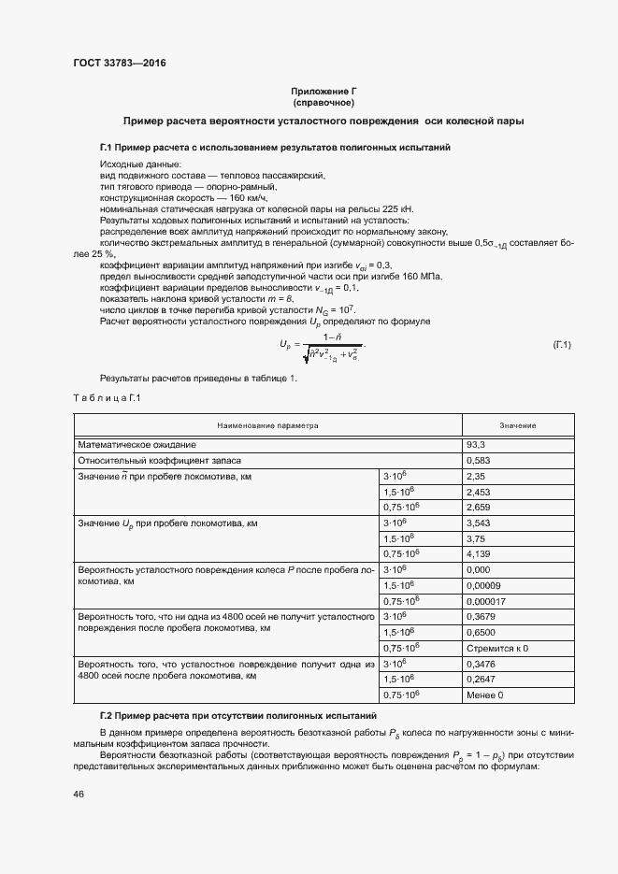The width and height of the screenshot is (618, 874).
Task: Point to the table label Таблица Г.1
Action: pos(106,399)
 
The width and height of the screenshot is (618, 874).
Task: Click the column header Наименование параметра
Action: pos(268,425)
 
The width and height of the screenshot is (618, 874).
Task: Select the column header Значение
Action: pos(517,425)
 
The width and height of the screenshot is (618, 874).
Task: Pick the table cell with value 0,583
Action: pos(481,461)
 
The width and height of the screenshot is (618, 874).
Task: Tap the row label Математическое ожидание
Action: pos(137,445)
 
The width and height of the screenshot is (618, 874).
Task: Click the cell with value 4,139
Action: pos(481,553)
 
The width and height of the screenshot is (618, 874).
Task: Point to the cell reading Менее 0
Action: pos(485,695)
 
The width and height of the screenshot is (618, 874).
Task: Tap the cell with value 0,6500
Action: pos(482,632)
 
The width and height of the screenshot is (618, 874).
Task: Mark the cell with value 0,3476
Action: pos(482,664)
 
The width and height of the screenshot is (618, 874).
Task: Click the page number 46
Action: pos(79,794)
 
